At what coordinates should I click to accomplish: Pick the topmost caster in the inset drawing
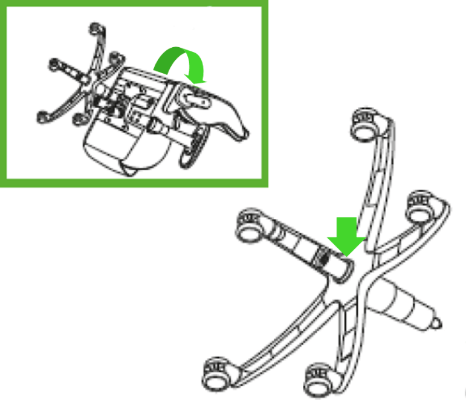[94, 30]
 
